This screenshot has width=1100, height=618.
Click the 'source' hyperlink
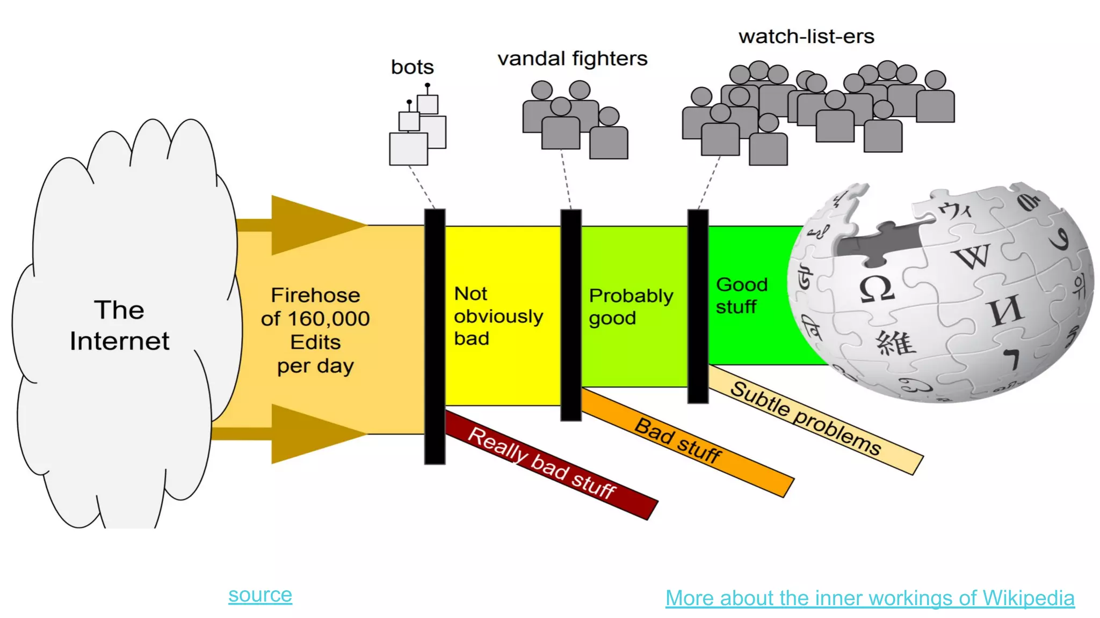click(260, 595)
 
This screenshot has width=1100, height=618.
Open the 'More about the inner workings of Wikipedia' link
click(870, 598)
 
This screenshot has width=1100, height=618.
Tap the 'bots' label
click(412, 68)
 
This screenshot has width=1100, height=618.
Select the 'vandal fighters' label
click(572, 58)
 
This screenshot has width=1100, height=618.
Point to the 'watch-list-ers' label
click(806, 36)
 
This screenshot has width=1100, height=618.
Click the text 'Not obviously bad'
click(497, 316)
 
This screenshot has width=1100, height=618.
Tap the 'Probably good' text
click(630, 307)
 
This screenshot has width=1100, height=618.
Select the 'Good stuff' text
click(741, 296)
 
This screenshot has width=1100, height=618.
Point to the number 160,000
click(329, 319)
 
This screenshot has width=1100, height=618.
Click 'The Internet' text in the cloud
click(119, 326)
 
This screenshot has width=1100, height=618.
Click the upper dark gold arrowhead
click(312, 225)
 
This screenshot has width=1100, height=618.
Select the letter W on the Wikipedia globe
click(972, 256)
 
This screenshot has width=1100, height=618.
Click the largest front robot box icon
click(408, 149)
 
